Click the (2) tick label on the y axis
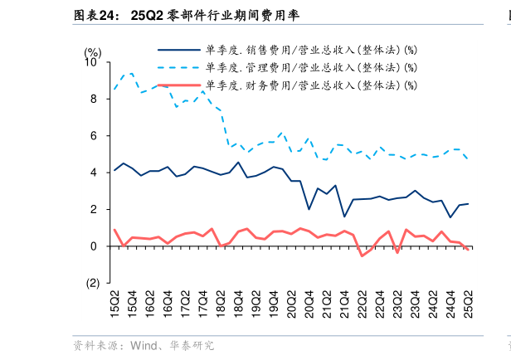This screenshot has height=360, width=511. [x=91, y=283]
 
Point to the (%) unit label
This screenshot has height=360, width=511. [x=93, y=52]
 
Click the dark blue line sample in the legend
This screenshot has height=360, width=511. [x=178, y=50]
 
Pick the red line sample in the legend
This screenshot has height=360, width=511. [x=178, y=85]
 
